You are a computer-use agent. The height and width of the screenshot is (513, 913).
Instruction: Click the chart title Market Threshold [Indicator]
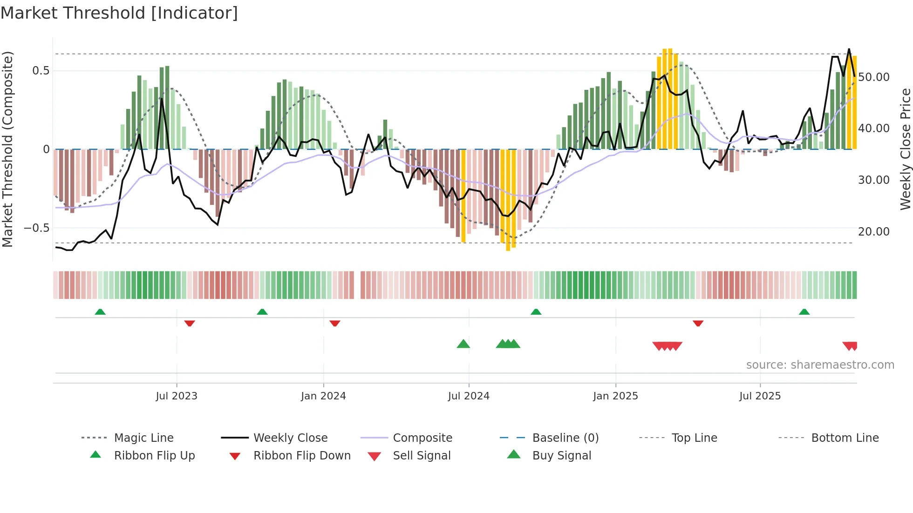119,13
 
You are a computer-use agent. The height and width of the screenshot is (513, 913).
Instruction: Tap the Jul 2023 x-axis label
177,396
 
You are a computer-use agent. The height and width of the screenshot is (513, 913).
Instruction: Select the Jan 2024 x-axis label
323,396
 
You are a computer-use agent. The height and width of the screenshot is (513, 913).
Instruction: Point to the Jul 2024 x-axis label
469,396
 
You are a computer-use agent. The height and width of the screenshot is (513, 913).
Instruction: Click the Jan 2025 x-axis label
615,396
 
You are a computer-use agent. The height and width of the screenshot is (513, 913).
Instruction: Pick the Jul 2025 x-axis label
760,396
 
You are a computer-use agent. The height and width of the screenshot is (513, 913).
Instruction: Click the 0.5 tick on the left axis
41,71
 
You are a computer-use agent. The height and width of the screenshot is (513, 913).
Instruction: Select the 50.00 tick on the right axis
873,77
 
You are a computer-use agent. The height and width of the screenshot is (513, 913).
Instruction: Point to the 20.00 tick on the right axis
873,232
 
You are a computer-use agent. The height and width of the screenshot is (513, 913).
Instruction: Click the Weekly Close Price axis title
905,149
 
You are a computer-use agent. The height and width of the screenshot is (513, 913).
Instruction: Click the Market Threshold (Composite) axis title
7,149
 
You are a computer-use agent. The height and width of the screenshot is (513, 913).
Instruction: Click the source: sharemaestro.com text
820,365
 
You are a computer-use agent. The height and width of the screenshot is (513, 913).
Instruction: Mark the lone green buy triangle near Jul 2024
463,344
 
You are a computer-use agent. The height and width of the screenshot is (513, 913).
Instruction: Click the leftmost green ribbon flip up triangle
100,312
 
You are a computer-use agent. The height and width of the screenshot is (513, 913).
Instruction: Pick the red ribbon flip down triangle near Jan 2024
334,323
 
